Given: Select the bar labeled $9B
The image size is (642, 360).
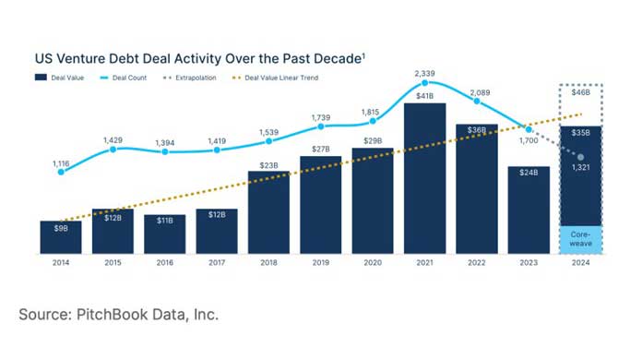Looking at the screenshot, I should (x=61, y=237).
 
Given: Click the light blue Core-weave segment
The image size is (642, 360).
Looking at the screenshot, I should (x=580, y=239).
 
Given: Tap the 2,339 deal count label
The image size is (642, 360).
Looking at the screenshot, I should (x=425, y=72).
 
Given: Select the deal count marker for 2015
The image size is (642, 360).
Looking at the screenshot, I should (x=113, y=149).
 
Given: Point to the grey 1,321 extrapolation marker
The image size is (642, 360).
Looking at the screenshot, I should (x=580, y=157).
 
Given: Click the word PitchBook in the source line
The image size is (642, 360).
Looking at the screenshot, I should (x=105, y=315).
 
